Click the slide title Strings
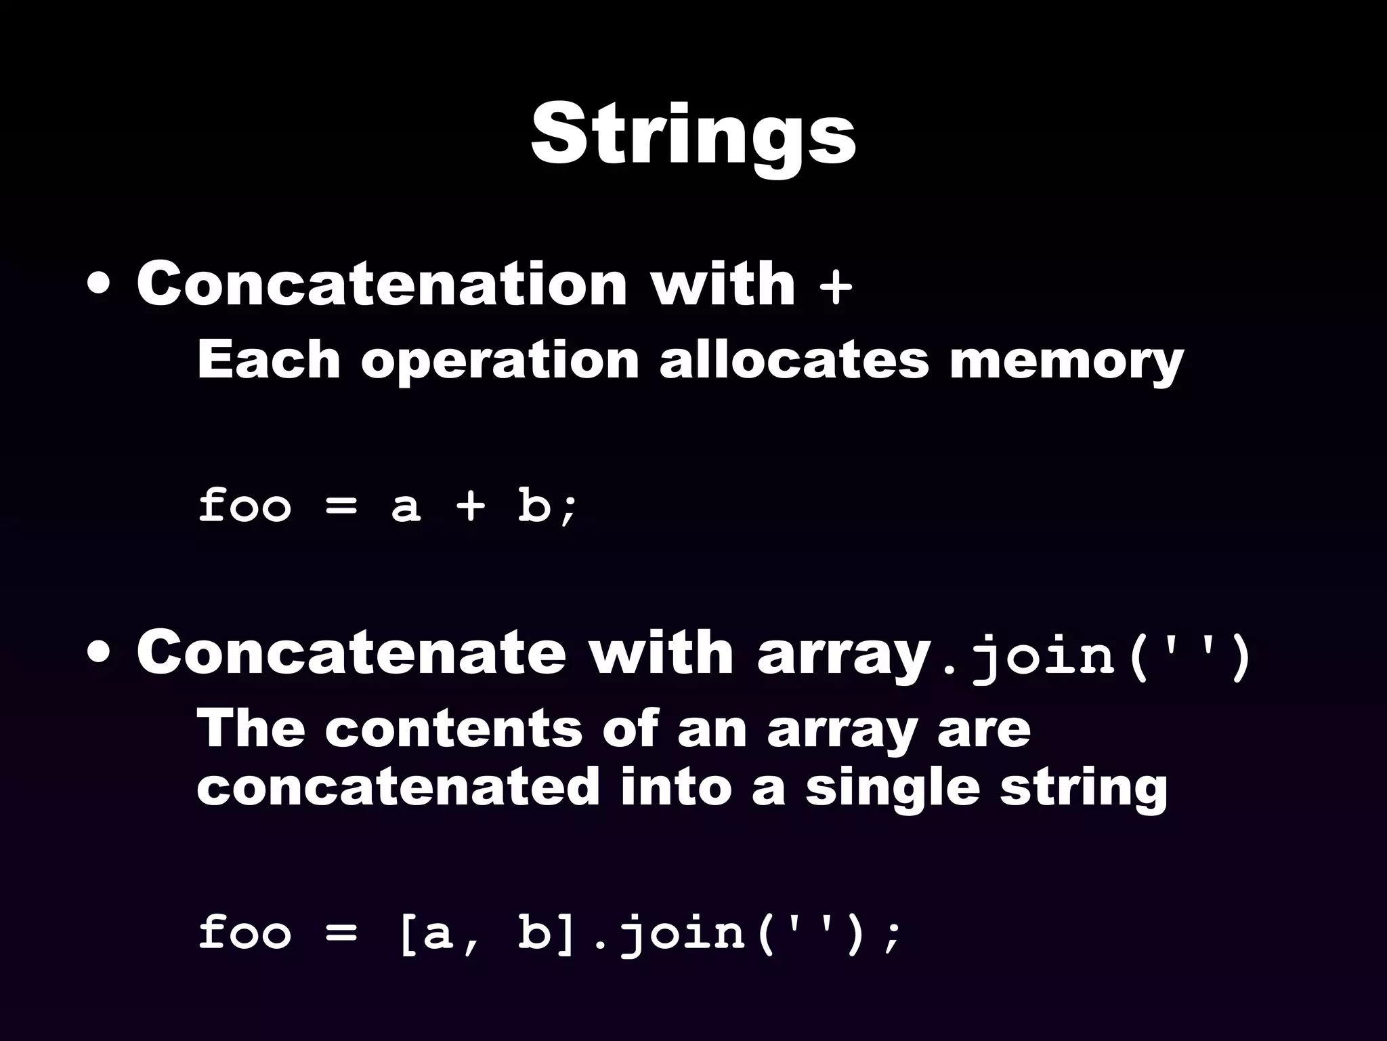tap(693, 136)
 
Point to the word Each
tap(268, 360)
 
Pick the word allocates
tap(793, 360)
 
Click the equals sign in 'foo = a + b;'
tap(341, 507)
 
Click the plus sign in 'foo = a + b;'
tap(470, 507)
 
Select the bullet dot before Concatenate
tap(100, 655)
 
